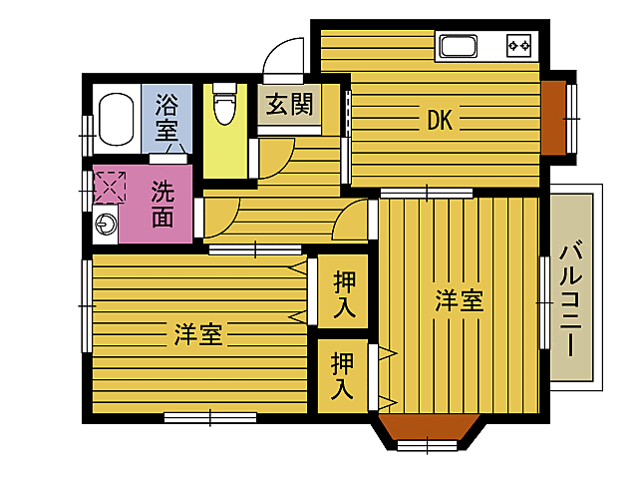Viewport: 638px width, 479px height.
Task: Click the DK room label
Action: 440,121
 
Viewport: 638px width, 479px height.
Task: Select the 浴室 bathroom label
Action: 166,114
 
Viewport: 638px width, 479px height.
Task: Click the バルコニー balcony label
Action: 571,299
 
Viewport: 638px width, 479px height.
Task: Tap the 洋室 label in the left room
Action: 198,334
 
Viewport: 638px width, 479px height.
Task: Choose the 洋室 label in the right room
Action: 459,300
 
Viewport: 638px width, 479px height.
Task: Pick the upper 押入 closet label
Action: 343,293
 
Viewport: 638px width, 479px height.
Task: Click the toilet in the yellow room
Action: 225,104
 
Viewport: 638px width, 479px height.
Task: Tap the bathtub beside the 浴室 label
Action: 117,119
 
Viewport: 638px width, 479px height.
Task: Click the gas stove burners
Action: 519,45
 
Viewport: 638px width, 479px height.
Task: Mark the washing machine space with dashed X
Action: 109,187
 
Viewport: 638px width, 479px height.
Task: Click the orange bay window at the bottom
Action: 426,429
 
